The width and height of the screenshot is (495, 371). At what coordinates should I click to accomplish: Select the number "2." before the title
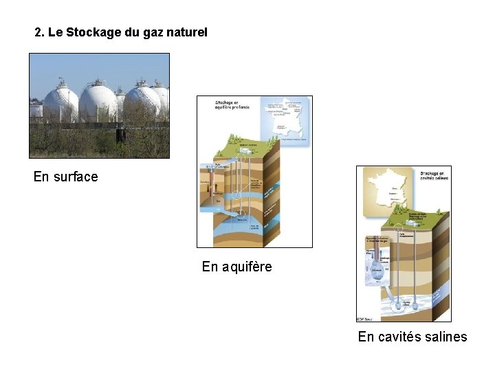(39, 32)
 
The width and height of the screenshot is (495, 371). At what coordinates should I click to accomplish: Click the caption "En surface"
(65, 177)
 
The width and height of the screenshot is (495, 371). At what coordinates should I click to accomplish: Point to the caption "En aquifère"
(236, 267)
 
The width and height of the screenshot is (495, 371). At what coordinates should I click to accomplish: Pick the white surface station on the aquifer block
(246, 146)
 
